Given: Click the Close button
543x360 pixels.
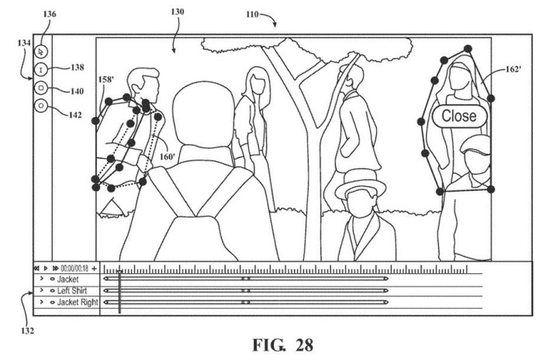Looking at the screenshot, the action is pyautogui.click(x=459, y=116).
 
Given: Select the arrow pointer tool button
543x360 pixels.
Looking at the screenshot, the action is pyautogui.click(x=41, y=52).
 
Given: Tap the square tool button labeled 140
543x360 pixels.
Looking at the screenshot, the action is pyautogui.click(x=41, y=88).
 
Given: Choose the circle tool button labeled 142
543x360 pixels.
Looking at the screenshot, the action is pyautogui.click(x=41, y=106).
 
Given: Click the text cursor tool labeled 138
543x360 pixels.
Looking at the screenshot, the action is pyautogui.click(x=41, y=70).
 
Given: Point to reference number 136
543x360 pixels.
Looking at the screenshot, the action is pyautogui.click(x=50, y=14).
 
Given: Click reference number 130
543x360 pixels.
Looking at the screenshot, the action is pyautogui.click(x=178, y=12).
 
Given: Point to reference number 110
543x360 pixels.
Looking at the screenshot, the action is pyautogui.click(x=252, y=14).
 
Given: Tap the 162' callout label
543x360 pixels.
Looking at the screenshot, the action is pyautogui.click(x=514, y=69).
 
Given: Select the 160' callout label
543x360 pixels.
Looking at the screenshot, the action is pyautogui.click(x=168, y=157).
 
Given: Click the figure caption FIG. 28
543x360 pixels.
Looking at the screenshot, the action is pyautogui.click(x=283, y=345).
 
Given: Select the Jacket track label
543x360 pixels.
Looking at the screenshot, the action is pyautogui.click(x=68, y=279).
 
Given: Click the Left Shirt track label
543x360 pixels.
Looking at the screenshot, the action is pyautogui.click(x=72, y=291).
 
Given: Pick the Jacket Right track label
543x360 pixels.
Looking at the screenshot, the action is pyautogui.click(x=78, y=303).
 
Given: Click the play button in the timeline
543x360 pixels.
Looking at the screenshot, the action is pyautogui.click(x=46, y=268).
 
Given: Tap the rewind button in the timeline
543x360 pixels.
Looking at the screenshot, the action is pyautogui.click(x=36, y=268).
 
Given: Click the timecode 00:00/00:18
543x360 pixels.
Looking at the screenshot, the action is pyautogui.click(x=74, y=268).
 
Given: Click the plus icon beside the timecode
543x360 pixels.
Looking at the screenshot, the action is pyautogui.click(x=94, y=268).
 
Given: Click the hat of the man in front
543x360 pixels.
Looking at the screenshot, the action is pyautogui.click(x=361, y=183).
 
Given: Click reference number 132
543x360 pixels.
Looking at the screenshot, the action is pyautogui.click(x=27, y=331).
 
